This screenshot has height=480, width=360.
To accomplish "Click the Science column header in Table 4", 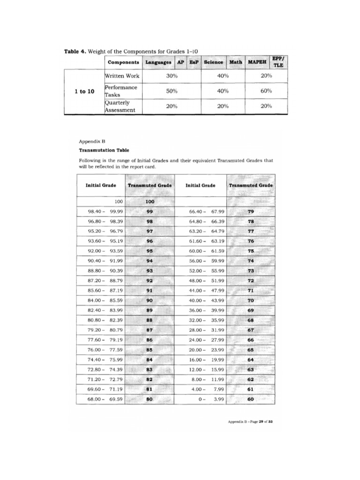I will click(x=214, y=62).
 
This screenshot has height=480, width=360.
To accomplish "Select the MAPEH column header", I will click(x=257, y=62).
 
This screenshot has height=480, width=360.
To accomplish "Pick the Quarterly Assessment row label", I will click(x=120, y=106).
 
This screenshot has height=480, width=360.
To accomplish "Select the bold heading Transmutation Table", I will click(x=104, y=151).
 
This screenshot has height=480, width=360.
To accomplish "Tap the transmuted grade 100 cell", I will click(x=150, y=202).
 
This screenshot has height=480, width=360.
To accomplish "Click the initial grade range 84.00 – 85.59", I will click(x=102, y=300).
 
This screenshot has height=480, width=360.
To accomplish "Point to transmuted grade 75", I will click(x=251, y=251).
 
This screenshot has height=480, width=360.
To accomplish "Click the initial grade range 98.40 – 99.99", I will click(x=102, y=211).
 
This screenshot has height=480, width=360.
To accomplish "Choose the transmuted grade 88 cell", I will click(x=150, y=320).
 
